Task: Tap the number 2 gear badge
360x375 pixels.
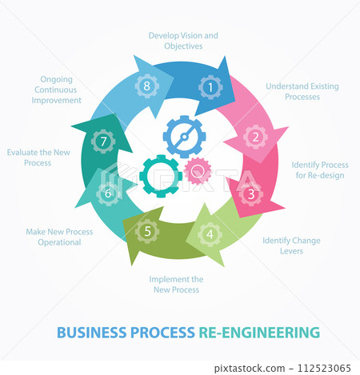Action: point(255,136)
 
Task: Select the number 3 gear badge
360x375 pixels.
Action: point(251,193)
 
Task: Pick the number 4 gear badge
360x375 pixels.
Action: point(210,234)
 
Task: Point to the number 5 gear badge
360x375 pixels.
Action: point(147,233)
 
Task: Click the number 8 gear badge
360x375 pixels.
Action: point(147,86)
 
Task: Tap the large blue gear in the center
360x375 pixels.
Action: point(185,137)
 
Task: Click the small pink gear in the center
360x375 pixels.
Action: point(197,170)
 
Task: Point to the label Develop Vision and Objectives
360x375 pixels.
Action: point(183,41)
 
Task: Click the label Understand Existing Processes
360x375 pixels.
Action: point(293,91)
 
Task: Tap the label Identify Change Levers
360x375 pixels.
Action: point(291,245)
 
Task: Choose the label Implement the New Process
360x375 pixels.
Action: point(176,284)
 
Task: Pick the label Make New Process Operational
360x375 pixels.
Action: point(59,237)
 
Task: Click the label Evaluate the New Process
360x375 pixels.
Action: point(39,157)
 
